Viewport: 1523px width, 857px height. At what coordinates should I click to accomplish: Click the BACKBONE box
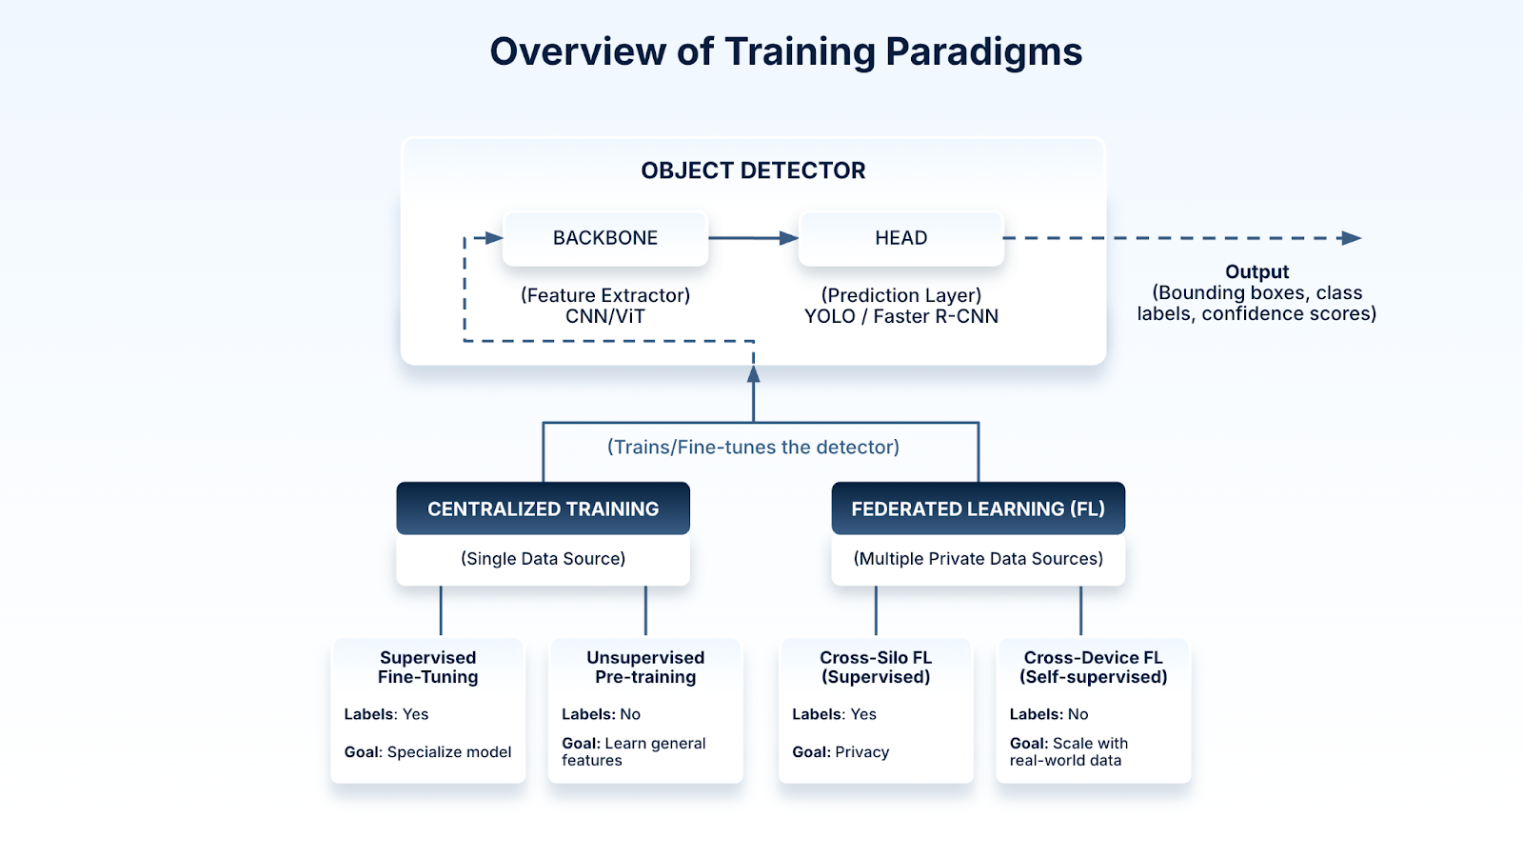[x=605, y=238]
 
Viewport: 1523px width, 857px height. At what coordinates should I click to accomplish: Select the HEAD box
[x=900, y=238]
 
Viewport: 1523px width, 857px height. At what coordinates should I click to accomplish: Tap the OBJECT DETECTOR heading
[x=753, y=170]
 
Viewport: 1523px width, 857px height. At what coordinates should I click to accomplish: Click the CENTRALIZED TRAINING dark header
[x=543, y=508]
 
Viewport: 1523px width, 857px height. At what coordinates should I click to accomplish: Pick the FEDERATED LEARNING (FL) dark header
[x=978, y=508]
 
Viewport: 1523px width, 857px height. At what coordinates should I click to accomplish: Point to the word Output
[x=1256, y=272]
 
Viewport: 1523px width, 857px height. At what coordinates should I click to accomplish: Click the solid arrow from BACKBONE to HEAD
[x=752, y=238]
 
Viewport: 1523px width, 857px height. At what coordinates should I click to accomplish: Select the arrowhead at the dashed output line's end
[x=1351, y=238]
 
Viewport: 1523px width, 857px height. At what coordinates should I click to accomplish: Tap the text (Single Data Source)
[x=543, y=559]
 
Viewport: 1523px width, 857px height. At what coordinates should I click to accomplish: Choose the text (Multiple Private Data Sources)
[x=978, y=559]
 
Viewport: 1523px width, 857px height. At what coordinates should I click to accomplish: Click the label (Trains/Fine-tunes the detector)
[x=753, y=448]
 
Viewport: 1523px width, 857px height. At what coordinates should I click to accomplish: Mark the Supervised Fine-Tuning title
[x=428, y=668]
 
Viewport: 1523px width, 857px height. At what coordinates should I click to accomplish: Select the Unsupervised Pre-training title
[x=645, y=668]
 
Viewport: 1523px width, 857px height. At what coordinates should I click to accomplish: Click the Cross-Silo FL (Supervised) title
[x=876, y=668]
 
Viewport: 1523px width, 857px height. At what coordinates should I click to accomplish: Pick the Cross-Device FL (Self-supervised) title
[x=1093, y=668]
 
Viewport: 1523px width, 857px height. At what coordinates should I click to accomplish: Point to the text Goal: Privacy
[x=841, y=752]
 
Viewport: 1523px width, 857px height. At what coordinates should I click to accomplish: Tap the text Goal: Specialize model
[x=427, y=752]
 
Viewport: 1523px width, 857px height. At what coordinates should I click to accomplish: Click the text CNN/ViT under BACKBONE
[x=605, y=317]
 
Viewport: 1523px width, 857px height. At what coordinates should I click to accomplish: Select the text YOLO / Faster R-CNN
[x=900, y=317]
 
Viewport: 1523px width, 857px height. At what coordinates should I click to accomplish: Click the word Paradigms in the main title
[x=983, y=52]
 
